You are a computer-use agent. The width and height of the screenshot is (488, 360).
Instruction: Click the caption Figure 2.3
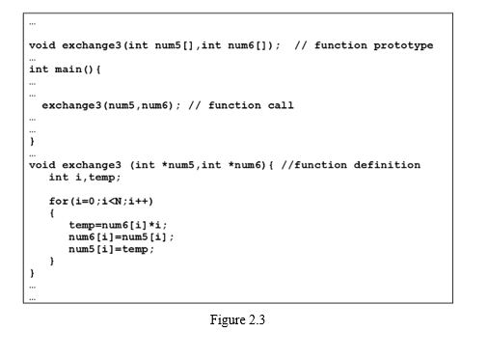[x=237, y=320]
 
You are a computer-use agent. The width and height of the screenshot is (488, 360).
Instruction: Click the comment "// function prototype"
[x=364, y=45]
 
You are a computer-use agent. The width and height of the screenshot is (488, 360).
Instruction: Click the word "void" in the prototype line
[x=42, y=45]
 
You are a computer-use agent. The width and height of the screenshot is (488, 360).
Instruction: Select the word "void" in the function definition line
[x=42, y=165]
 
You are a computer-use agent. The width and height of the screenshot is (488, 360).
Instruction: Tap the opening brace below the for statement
[x=52, y=212]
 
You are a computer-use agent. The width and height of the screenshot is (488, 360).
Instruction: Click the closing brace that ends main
[x=33, y=141]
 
